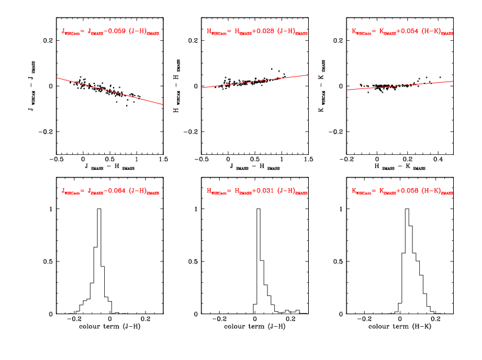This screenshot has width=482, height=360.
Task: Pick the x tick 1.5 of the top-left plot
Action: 163,161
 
